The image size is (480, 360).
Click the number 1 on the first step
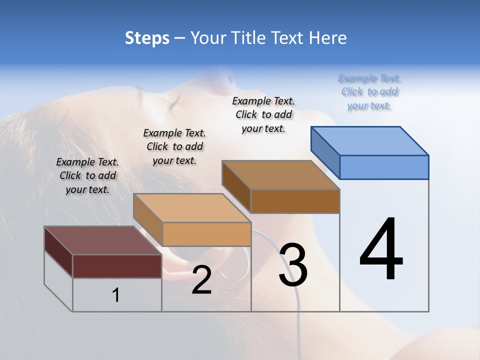(x=116, y=295)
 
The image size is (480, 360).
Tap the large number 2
(x=201, y=280)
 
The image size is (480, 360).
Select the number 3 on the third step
(x=293, y=265)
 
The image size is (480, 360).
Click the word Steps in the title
(x=147, y=38)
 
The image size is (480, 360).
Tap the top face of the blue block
(x=370, y=140)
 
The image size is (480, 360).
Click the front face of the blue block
(x=384, y=167)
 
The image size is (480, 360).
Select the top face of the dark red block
(x=103, y=240)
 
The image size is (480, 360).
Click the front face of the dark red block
(x=117, y=266)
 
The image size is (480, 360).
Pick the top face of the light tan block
(x=192, y=207)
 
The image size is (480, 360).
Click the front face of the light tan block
(x=206, y=234)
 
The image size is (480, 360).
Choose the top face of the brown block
(x=281, y=175)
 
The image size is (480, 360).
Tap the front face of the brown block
(x=295, y=201)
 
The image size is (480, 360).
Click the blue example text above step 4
(x=369, y=91)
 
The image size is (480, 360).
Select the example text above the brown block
(x=263, y=114)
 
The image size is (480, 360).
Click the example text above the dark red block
(x=87, y=175)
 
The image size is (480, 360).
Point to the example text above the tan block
(x=174, y=146)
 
